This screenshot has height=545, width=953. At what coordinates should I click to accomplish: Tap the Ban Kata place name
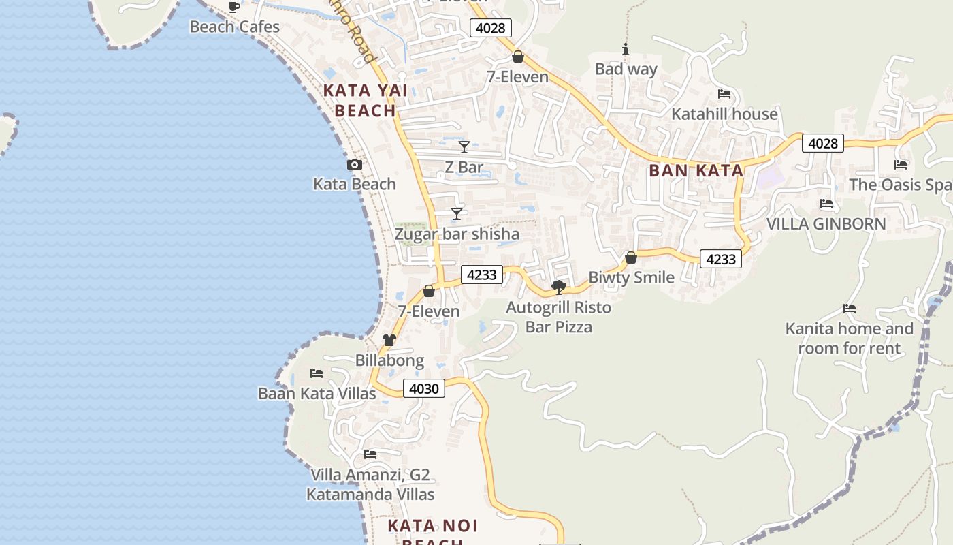pos(696,170)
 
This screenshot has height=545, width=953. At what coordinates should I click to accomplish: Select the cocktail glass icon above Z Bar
pos(464,147)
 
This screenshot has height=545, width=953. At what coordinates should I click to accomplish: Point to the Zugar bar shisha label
pos(457,234)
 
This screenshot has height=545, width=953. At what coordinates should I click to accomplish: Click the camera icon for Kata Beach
pos(355,164)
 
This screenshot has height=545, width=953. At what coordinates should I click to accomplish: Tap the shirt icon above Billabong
pos(389,340)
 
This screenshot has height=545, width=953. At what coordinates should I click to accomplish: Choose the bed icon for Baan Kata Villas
pos(317,373)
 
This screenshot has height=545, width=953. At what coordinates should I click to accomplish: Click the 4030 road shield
pos(424,388)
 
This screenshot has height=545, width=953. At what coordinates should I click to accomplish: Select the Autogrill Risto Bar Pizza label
pos(559,317)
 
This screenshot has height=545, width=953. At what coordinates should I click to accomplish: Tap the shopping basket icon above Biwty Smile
pos(631,258)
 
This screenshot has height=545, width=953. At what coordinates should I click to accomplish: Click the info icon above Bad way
pos(626,49)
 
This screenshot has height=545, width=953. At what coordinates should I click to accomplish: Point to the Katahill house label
pos(724,114)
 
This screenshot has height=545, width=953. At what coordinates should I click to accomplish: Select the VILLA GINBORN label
pos(826,223)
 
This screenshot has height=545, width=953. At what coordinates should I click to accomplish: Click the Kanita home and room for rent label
pos(850,339)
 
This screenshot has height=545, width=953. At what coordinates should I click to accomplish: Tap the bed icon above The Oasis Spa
pos(901,164)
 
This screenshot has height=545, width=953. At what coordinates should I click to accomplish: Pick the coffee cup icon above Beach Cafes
pos(234,7)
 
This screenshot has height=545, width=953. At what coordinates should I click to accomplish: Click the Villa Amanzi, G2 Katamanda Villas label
pos(370,484)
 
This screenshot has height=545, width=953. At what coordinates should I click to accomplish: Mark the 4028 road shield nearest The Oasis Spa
pos(822,143)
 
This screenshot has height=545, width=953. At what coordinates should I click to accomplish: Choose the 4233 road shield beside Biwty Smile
pos(720,259)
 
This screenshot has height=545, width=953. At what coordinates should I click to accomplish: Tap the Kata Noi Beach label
pos(433,531)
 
